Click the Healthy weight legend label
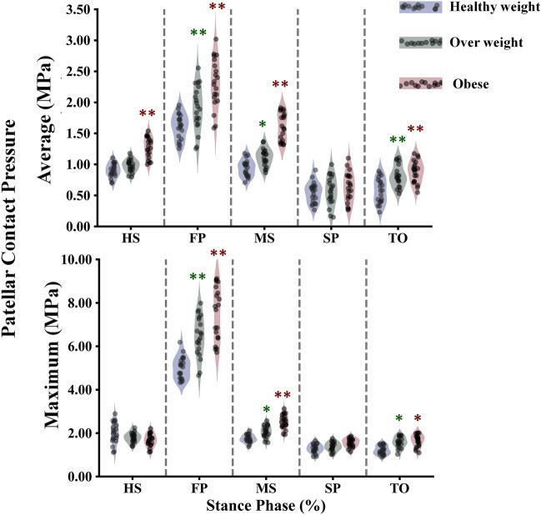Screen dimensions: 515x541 click(x=491, y=7)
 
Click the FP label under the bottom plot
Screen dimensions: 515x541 click(x=198, y=488)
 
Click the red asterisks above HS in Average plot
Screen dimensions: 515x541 click(x=148, y=113)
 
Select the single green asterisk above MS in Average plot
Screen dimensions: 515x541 click(x=263, y=125)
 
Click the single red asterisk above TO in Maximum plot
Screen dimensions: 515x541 click(x=418, y=419)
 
